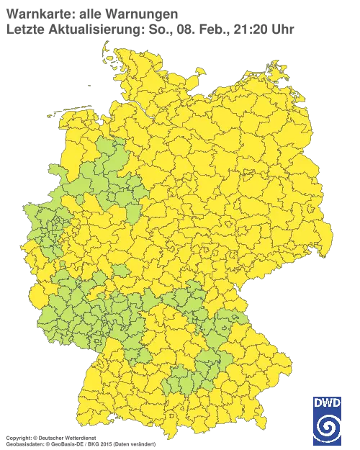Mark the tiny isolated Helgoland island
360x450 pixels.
pyautogui.click(x=89, y=84)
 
